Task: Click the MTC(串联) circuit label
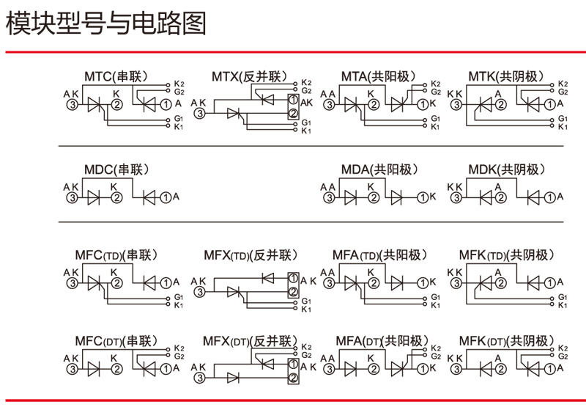(116, 76)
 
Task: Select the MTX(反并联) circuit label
(248, 76)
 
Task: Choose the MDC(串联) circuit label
(116, 170)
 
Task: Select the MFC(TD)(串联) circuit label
(117, 255)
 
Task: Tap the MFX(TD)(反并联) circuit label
(250, 255)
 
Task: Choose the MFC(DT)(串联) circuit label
(117, 341)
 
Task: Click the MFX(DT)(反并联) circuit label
(250, 341)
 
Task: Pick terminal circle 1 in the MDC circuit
(166, 197)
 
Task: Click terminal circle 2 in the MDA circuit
(374, 197)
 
